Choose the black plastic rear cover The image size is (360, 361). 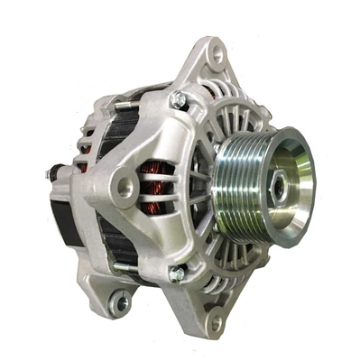(63, 217)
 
